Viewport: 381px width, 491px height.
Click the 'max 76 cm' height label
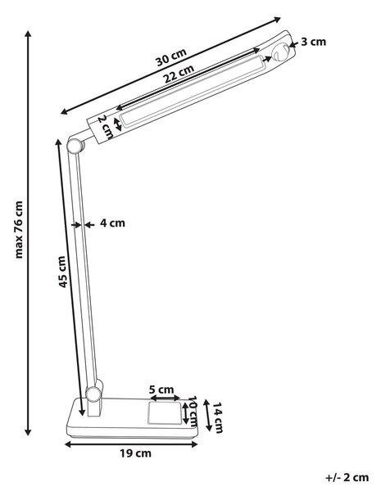(x=19, y=229)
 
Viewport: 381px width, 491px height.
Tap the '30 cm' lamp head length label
(x=171, y=57)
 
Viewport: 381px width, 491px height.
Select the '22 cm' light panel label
(x=179, y=74)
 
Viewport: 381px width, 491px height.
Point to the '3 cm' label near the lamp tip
(x=314, y=42)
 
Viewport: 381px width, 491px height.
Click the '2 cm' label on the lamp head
(x=106, y=128)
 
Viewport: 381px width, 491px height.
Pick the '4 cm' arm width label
(x=112, y=223)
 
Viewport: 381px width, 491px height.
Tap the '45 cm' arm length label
(x=62, y=272)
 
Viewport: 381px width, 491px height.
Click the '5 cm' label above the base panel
(x=161, y=390)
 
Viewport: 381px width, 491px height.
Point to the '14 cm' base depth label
(x=218, y=417)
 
